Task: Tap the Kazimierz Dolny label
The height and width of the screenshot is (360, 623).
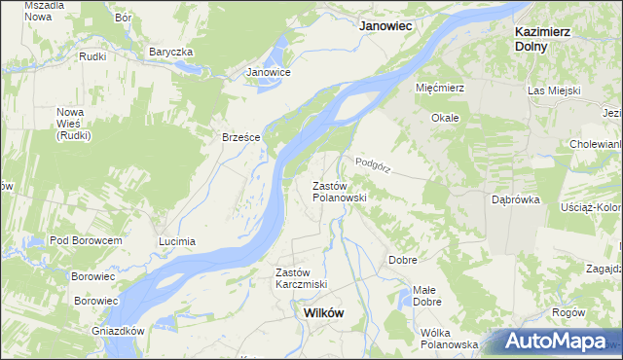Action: (542, 38)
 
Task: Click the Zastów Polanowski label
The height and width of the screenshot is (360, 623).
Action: (338, 191)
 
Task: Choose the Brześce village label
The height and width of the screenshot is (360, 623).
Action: (240, 137)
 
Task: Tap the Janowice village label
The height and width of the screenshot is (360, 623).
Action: (269, 72)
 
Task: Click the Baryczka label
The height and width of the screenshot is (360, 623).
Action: (171, 52)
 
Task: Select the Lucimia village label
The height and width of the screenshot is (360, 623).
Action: (177, 240)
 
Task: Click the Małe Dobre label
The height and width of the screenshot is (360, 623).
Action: (424, 295)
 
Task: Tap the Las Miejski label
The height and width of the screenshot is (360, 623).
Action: (554, 90)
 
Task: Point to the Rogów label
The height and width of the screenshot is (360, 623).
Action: (568, 312)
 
